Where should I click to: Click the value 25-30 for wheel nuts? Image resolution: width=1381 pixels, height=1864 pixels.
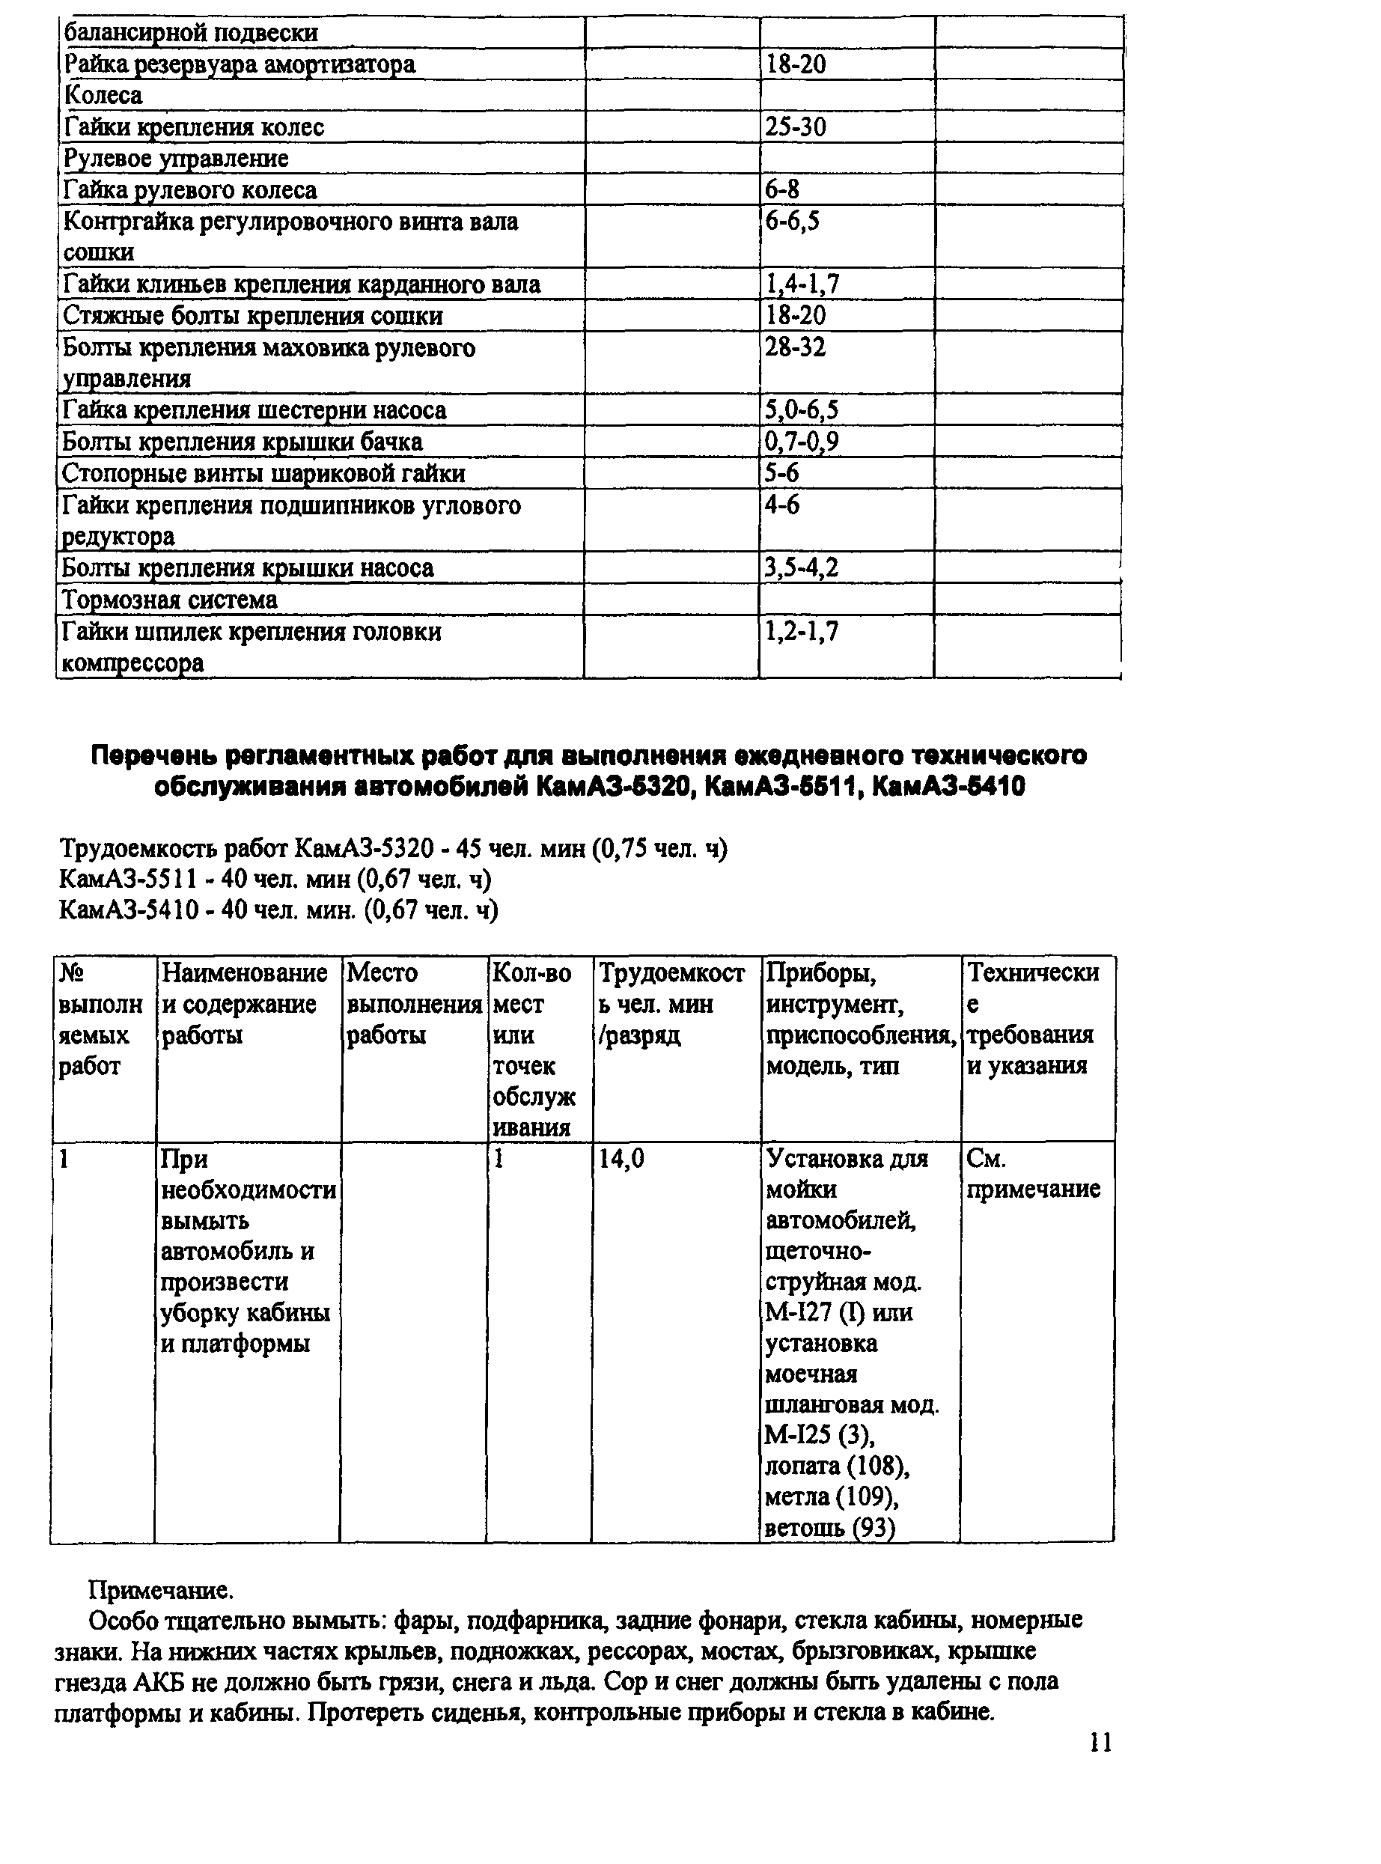(795, 127)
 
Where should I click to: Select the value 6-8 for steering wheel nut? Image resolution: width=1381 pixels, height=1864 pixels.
(781, 189)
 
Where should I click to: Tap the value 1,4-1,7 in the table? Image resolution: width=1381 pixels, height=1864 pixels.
(802, 284)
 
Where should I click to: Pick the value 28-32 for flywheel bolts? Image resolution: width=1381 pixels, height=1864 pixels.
(795, 347)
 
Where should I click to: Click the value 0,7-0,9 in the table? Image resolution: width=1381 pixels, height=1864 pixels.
(802, 442)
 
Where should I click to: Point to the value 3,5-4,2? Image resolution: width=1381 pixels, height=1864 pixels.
(802, 567)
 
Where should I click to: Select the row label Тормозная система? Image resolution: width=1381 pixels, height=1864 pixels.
(170, 600)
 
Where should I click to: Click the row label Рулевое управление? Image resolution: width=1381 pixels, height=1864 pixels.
(177, 158)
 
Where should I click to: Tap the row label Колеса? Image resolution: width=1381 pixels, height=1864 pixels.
(103, 95)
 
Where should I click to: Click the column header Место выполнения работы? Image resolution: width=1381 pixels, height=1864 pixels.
(414, 1003)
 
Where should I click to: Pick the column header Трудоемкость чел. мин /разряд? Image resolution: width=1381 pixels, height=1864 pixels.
(671, 1003)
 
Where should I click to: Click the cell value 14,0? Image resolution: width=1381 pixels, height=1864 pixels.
(621, 1159)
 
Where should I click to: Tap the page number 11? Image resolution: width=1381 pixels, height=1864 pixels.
(1101, 1742)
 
